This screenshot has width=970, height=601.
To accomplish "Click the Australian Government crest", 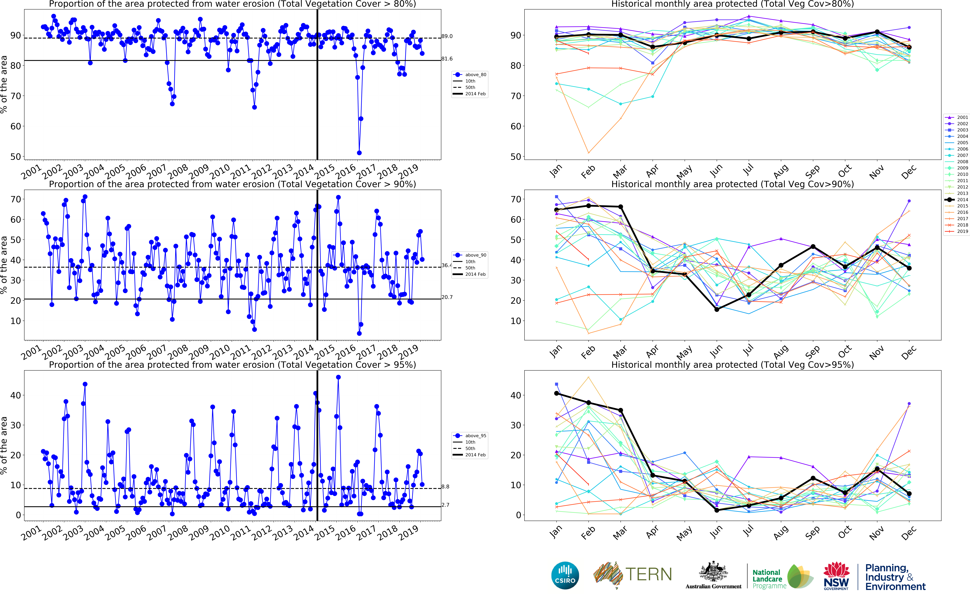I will click(x=713, y=572).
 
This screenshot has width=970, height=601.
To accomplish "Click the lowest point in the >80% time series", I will click(x=359, y=153).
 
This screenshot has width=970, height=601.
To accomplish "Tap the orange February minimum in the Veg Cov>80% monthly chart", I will click(x=589, y=153).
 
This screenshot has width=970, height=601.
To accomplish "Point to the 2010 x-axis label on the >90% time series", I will click(x=220, y=352).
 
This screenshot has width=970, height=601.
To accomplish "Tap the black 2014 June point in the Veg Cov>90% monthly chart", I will click(x=716, y=309).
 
